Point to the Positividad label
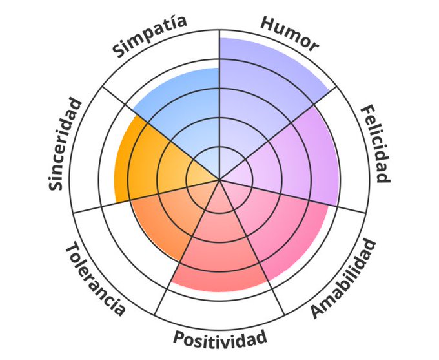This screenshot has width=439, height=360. point(219,338)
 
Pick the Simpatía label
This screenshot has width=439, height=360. point(150,36)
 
